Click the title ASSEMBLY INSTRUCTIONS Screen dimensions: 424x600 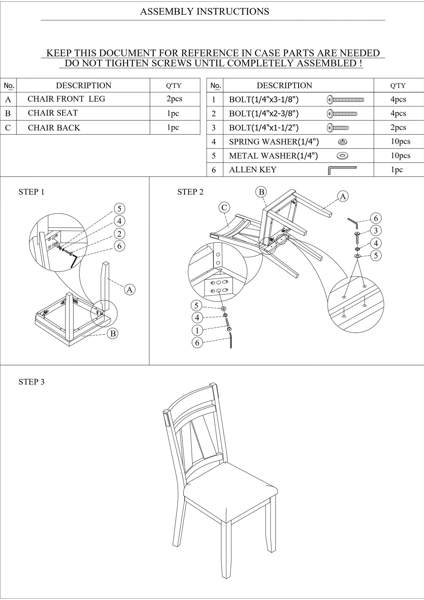pos(205,12)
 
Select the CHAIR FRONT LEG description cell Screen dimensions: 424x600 pos(83,99)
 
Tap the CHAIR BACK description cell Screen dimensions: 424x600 pos(83,127)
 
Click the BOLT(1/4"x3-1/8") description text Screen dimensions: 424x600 pos(264,100)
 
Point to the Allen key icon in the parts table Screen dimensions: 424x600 pos(342,170)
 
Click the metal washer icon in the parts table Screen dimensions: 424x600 pos(342,156)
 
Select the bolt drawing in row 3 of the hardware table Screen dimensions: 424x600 pos(338,128)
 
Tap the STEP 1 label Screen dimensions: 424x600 pos(31,192)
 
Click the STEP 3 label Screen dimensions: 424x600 pos(31,382)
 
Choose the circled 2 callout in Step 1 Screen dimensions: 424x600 pos(120,234)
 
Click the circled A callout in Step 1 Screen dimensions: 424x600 pos(130,289)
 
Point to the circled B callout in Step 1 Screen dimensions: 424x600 pos(113,334)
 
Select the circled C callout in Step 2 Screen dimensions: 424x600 pos(224,208)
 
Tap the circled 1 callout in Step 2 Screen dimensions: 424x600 pos(197,330)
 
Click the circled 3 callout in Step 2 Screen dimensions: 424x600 pos(376,231)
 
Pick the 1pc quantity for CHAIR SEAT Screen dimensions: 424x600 pos(173,113)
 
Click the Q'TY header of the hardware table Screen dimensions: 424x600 pos(398,85)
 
